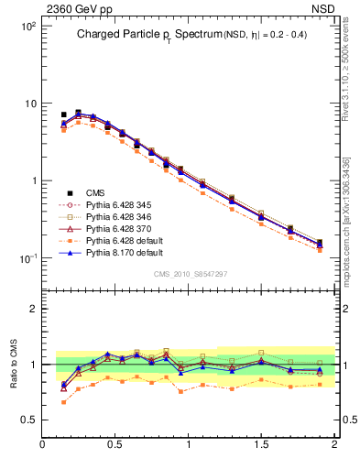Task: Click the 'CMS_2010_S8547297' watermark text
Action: [x=190, y=274]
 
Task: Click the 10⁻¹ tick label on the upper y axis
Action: [x=26, y=258]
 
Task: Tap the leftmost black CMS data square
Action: [x=63, y=115]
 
